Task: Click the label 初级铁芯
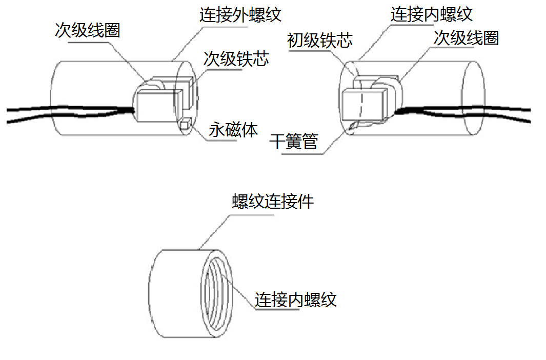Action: point(320,41)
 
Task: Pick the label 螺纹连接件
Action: point(273,202)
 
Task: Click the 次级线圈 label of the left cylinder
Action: point(88,30)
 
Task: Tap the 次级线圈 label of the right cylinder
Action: point(466,37)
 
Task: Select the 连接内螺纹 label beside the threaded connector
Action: point(296,299)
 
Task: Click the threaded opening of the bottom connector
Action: point(215,295)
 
